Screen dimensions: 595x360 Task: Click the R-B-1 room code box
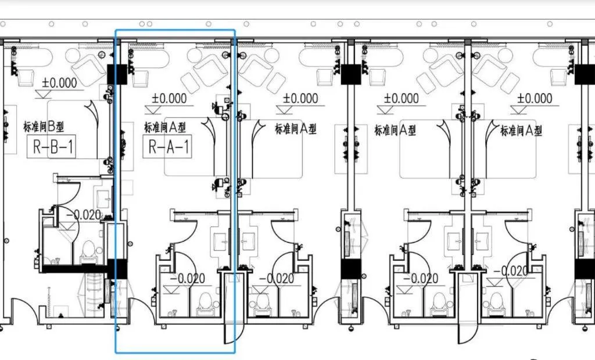coord(51,146)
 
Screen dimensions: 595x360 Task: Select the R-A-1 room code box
coord(167,146)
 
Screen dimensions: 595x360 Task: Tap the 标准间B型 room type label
coord(44,127)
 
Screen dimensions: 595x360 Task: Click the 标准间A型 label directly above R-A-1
coord(165,128)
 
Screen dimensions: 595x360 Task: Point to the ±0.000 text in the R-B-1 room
coord(59,82)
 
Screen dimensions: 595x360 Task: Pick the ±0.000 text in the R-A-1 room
coord(169,99)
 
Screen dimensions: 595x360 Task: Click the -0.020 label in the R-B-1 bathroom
coord(84,215)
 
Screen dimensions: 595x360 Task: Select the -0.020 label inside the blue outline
coord(188,279)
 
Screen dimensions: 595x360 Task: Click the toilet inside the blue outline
coord(205,304)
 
